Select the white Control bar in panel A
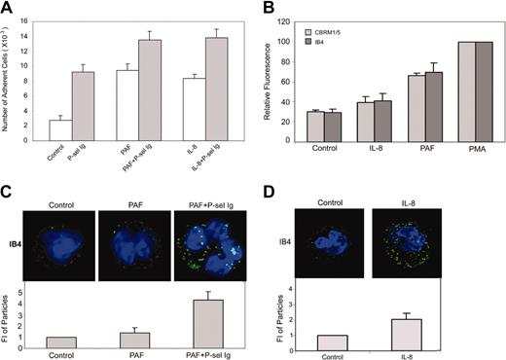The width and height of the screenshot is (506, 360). (57, 133)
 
